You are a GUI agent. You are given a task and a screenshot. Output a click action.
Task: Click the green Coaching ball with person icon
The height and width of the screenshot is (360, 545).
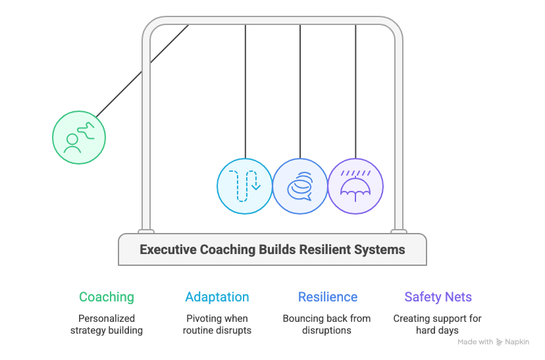point(79,138)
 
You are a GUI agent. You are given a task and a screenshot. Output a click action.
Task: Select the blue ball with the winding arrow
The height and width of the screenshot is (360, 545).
point(245,186)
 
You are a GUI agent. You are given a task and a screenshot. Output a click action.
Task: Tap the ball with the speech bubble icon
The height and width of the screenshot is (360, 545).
point(300,186)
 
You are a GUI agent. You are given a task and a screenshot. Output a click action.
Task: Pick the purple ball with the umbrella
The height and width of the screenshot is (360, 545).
point(355,186)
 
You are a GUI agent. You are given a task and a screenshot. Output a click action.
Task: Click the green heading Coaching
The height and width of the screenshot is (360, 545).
point(107,297)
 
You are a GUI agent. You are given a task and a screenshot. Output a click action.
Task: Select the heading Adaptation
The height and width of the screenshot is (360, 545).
point(217,297)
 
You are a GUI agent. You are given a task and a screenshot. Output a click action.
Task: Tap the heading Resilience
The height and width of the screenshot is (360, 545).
point(328,297)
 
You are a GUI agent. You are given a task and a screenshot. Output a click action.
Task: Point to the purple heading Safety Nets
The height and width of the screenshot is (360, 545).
point(438,297)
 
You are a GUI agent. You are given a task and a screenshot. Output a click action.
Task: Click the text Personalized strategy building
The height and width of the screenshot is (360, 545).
point(107,324)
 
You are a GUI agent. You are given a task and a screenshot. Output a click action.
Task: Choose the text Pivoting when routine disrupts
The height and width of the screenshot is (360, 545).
point(217,324)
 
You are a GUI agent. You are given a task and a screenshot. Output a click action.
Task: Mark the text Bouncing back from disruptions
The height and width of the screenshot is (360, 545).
point(327,324)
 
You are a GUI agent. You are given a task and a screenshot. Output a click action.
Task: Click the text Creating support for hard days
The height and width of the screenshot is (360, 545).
point(438,324)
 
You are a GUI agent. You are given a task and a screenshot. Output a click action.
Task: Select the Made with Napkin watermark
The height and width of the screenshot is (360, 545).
point(493,342)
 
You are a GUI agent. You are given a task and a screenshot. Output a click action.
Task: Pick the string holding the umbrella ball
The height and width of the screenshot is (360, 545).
point(355,92)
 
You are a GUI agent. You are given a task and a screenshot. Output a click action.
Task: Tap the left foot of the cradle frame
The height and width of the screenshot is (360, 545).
point(146,231)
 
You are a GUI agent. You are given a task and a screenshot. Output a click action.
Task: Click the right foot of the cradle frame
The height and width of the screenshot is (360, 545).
point(398,231)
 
